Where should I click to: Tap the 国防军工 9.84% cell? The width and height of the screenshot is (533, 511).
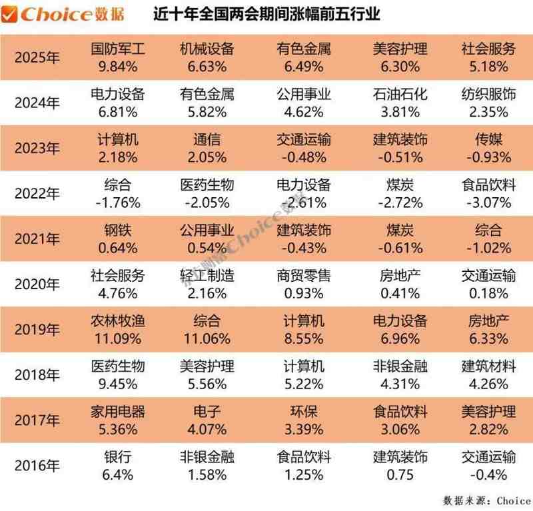[117, 57]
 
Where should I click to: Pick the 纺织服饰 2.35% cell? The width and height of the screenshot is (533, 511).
[488, 102]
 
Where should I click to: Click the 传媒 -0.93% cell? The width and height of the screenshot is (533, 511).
[488, 148]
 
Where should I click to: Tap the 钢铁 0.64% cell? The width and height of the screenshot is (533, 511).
[117, 238]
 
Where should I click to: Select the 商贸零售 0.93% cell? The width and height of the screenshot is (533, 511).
[303, 283]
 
